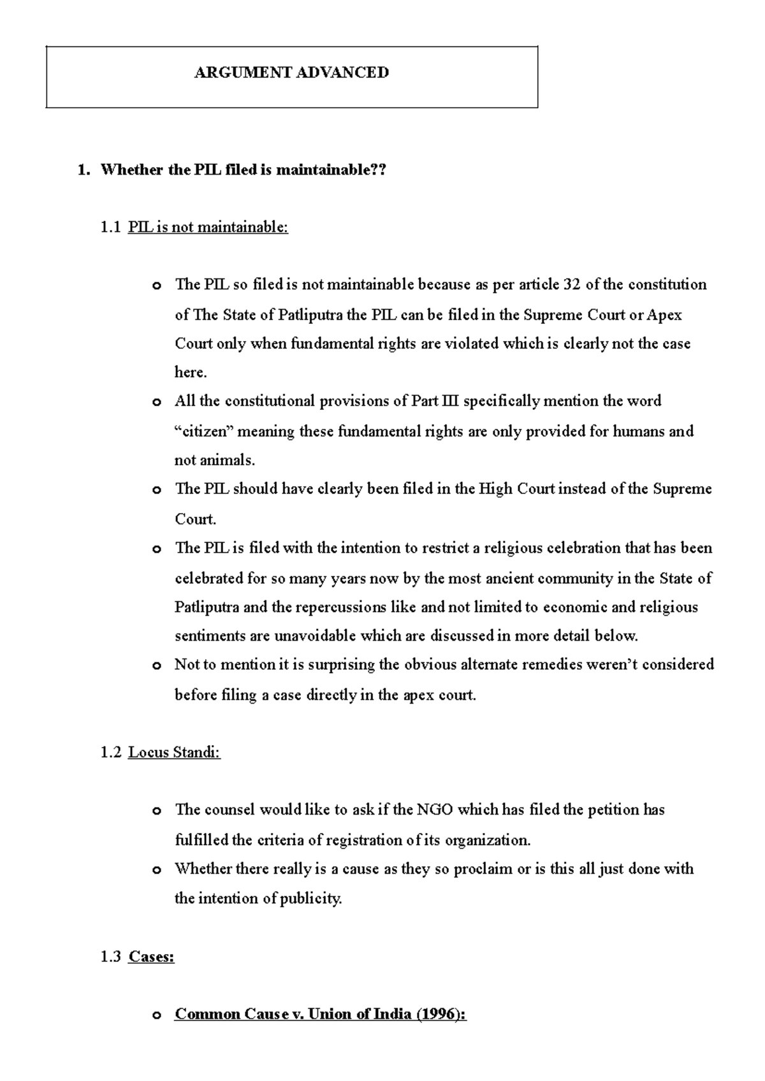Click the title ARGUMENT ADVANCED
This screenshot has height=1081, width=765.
(291, 73)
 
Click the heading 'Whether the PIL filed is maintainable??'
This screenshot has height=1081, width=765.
(244, 170)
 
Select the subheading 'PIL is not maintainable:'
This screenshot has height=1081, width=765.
(208, 227)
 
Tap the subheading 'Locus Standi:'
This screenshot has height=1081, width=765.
(174, 752)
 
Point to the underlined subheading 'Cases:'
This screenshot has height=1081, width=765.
(151, 957)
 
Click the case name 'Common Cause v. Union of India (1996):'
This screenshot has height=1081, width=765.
(321, 1014)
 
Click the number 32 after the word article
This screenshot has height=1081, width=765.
(572, 284)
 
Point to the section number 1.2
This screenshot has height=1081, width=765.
(110, 752)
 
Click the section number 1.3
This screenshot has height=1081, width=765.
(110, 957)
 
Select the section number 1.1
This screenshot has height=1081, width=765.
(110, 227)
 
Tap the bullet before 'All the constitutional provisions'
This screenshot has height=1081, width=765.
(156, 402)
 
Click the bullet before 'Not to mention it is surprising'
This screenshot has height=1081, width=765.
(156, 666)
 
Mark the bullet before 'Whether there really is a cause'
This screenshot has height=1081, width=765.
(156, 870)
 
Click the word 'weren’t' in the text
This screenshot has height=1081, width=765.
(613, 665)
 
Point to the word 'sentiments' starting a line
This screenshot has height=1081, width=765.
(205, 636)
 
